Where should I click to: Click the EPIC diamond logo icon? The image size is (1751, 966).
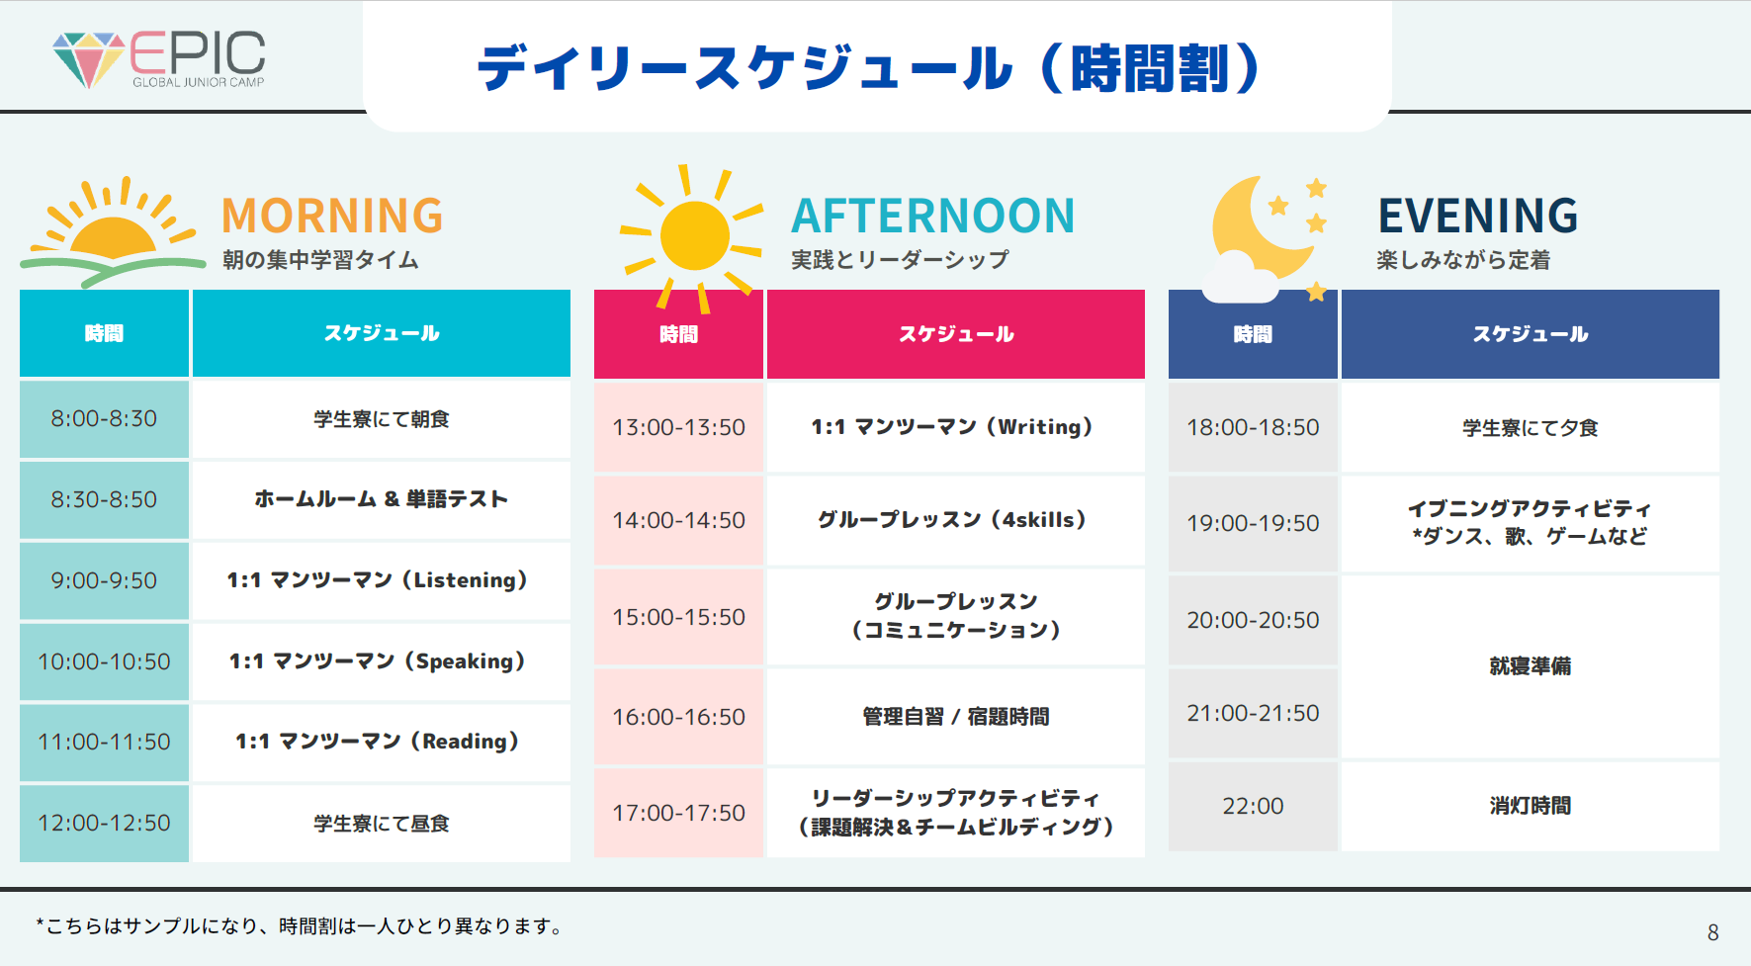pos(88,59)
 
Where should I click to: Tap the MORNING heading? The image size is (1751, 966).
pos(332,216)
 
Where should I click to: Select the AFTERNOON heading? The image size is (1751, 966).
pos(932,216)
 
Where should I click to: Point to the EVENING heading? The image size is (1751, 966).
pos(1478,216)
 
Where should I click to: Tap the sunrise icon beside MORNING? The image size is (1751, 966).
pos(113,232)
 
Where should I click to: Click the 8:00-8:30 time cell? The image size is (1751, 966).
pos(104,418)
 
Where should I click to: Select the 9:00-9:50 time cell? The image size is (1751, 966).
pos(104,580)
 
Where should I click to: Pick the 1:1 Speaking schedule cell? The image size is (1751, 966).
pos(382,661)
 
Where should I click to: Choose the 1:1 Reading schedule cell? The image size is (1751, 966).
pos(382,742)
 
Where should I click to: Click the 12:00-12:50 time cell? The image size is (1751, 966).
pos(104,823)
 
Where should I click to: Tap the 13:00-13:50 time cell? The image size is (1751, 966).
pos(678,427)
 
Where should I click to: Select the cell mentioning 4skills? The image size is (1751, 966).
pos(956,520)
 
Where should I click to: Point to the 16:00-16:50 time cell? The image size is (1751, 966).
pos(678,717)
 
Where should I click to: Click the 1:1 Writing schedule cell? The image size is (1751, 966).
pos(956,427)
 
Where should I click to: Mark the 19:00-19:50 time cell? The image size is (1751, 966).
pos(1253,523)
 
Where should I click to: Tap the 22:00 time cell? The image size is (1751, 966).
pos(1253,806)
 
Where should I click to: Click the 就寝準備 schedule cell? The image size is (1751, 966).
pos(1531,666)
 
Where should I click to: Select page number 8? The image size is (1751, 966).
pos(1713,932)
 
